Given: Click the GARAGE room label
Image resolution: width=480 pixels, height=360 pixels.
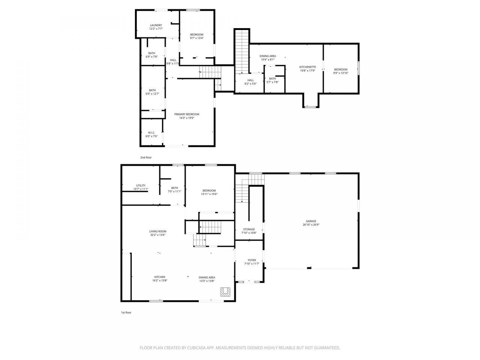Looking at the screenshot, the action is click(311, 221).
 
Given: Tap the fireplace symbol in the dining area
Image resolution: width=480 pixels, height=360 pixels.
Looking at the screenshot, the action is click(225, 292).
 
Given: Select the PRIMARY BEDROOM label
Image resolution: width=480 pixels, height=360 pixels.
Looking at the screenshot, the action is click(186, 114).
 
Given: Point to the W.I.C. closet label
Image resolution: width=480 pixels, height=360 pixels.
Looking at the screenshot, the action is click(151, 133).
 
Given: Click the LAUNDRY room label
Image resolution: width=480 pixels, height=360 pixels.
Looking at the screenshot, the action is click(156, 25).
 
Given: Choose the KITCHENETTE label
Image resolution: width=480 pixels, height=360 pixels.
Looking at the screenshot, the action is click(307, 67).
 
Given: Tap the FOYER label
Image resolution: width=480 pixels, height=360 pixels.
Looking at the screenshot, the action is click(252, 260).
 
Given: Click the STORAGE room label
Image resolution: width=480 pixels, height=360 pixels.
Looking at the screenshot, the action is click(249, 229).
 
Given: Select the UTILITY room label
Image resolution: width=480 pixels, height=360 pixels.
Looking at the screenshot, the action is click(141, 185).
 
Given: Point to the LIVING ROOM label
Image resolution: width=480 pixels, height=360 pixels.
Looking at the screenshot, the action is click(157, 231).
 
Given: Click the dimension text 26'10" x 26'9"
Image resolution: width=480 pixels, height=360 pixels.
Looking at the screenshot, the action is click(311, 225).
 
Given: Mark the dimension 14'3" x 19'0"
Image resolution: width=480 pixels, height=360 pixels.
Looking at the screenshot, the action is click(186, 118).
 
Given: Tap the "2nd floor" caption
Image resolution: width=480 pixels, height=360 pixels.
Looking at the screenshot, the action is click(146, 157).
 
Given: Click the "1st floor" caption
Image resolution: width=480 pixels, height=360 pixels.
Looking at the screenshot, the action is click(126, 312).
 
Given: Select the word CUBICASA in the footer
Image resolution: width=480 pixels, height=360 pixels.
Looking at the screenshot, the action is click(196, 348).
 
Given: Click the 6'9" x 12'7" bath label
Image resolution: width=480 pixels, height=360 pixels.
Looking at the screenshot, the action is click(152, 92).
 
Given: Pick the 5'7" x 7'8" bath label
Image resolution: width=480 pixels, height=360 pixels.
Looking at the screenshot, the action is click(272, 80).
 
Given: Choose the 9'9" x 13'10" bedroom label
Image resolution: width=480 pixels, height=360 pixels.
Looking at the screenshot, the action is click(340, 71).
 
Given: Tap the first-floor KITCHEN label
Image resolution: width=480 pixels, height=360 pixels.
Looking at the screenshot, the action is click(160, 277).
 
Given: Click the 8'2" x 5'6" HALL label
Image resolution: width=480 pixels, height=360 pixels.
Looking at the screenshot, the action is click(250, 82).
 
